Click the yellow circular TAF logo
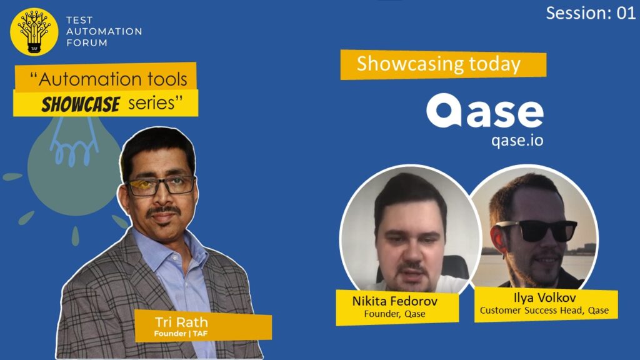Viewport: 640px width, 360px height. point(34,31)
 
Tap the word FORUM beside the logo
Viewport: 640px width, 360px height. point(87,43)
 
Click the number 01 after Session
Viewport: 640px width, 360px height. point(626,13)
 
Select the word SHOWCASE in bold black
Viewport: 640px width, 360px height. point(81,104)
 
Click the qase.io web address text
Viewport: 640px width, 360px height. point(517,140)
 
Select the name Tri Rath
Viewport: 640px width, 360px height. point(182,322)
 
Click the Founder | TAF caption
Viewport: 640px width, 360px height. point(181,334)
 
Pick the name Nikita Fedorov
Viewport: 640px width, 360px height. point(395,301)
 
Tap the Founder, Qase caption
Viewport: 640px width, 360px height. point(395,314)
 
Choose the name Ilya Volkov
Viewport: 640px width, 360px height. point(545,297)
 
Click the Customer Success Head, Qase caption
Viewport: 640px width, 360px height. point(544,310)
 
